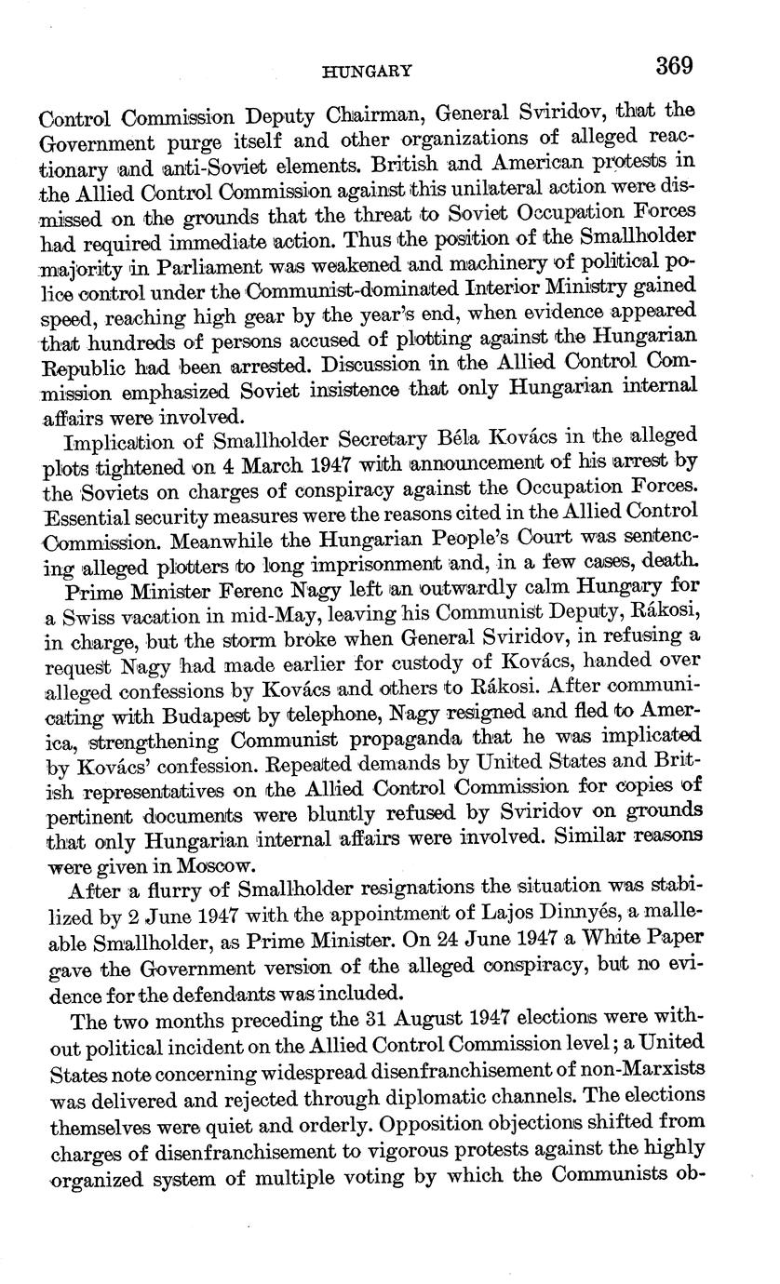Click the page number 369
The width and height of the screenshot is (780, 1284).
(x=676, y=67)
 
